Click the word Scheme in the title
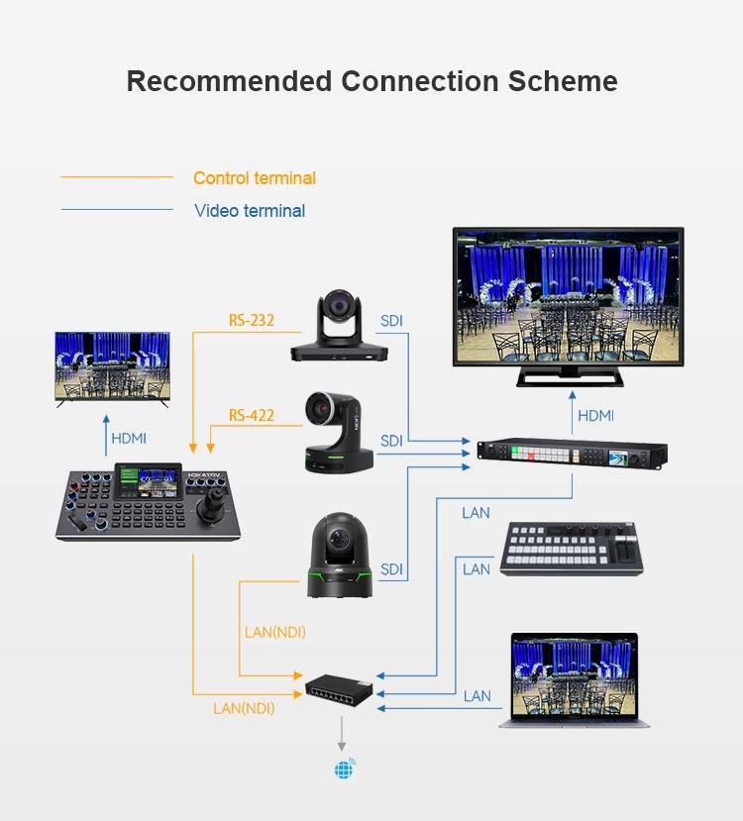[x=563, y=80]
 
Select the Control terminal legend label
[x=255, y=178]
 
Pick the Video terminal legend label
[x=250, y=211]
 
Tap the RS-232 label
[x=252, y=320]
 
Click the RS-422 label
[x=252, y=415]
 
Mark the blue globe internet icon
[x=344, y=768]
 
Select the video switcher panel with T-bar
[x=573, y=547]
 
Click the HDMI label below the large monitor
[x=595, y=416]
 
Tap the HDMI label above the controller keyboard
[x=128, y=438]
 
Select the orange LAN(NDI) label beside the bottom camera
[x=275, y=632]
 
